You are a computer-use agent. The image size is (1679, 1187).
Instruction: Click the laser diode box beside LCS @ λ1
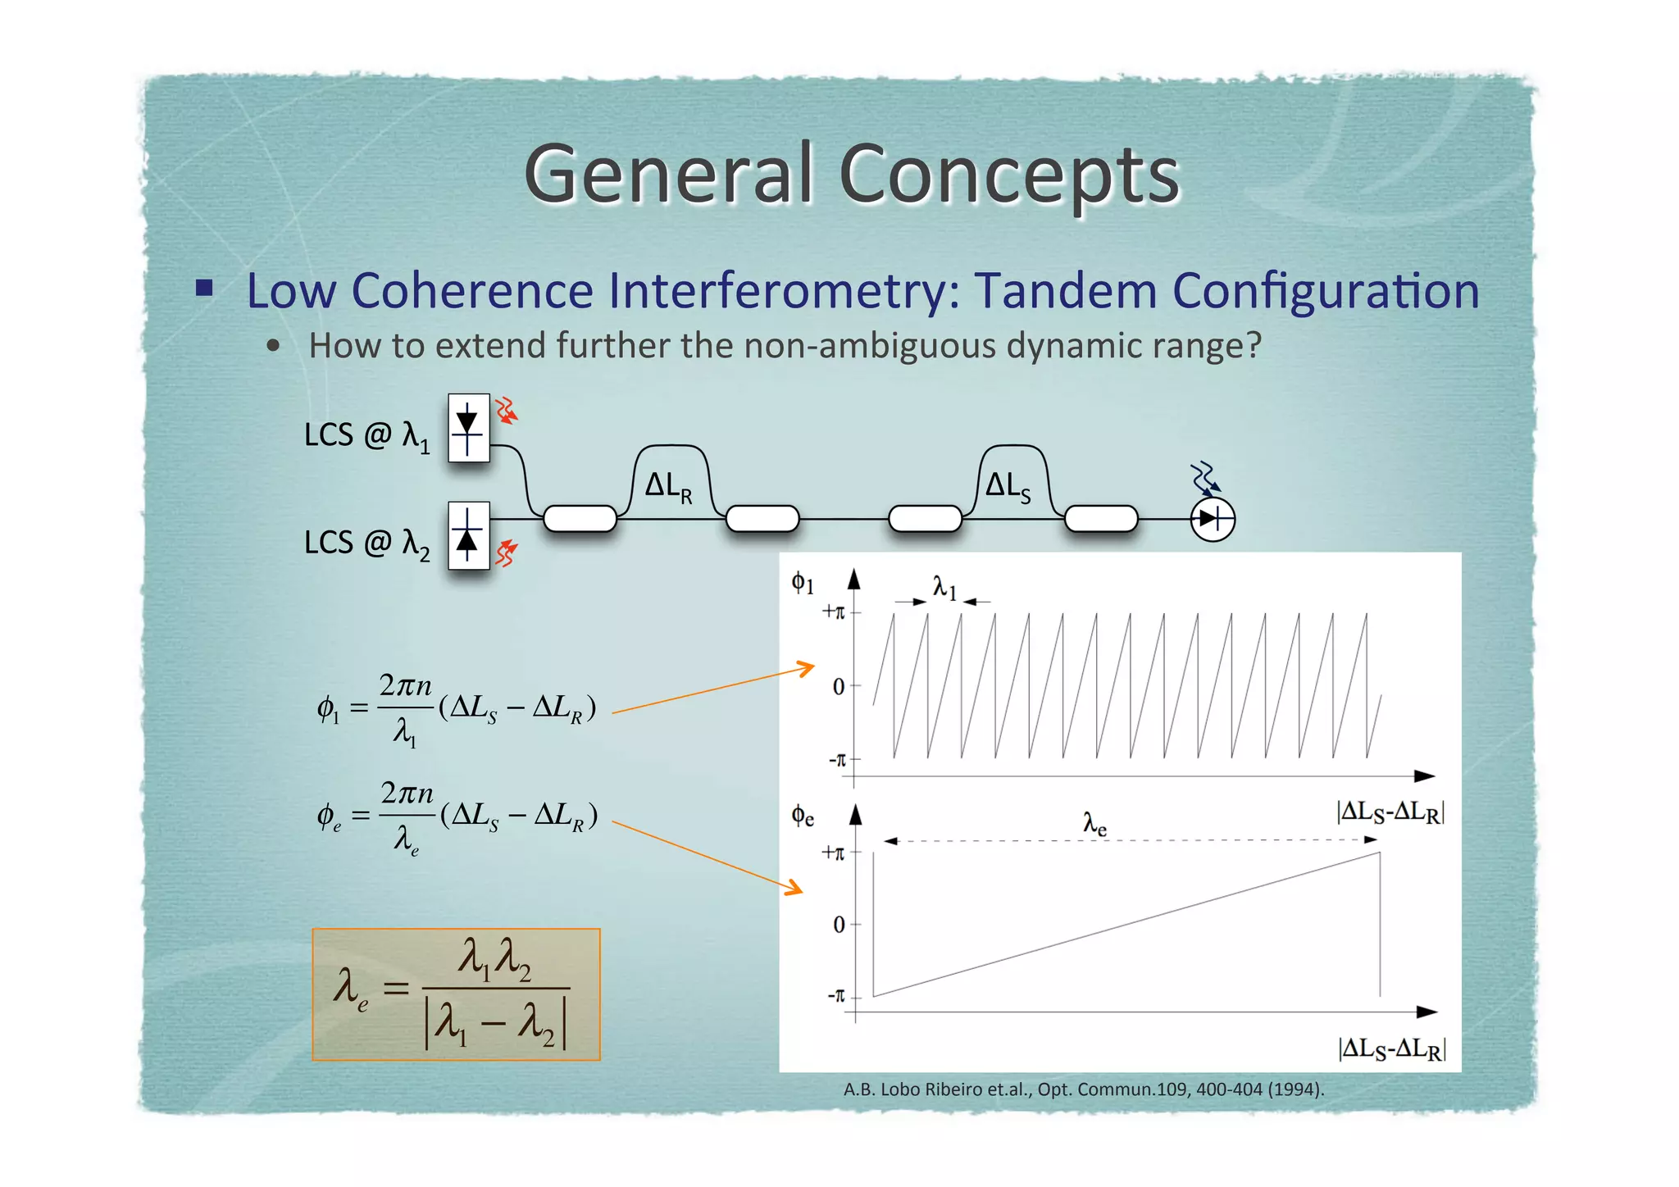coord(468,428)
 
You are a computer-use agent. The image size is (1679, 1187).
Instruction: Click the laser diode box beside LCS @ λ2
coord(468,535)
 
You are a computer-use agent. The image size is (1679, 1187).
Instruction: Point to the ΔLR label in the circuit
coord(668,486)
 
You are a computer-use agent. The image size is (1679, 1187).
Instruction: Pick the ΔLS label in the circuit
coord(1008,486)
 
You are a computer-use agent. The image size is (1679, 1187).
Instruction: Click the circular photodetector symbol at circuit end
coord(1213,519)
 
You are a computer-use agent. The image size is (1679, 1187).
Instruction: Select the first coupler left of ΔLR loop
coord(580,519)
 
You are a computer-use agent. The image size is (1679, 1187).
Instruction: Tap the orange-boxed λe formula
coord(456,994)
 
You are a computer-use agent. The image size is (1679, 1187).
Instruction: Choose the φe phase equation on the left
coord(457,816)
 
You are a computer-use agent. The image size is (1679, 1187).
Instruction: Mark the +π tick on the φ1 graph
coord(835,612)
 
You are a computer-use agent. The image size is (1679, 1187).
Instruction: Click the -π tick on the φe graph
coord(837,996)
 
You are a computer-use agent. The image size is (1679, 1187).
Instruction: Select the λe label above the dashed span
coord(1094,822)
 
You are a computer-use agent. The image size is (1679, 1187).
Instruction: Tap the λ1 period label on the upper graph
coord(944,587)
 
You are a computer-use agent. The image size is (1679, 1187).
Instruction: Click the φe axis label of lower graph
coord(803,816)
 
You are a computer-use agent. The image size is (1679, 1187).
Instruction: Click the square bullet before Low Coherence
coord(204,288)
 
